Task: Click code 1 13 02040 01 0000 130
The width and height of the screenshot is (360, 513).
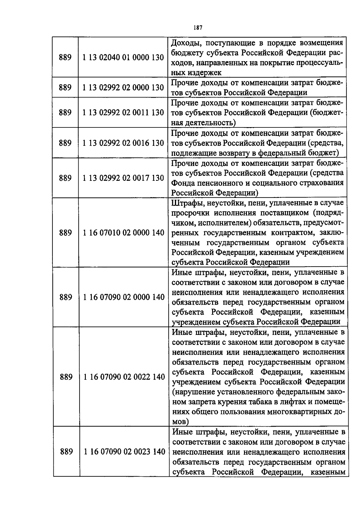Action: [123, 57]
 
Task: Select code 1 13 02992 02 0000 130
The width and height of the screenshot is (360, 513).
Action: [123, 88]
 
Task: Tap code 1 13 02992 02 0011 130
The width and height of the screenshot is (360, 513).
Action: [123, 113]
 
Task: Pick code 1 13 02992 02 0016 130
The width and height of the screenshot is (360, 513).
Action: [123, 143]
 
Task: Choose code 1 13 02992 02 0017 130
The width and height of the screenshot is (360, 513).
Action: [123, 178]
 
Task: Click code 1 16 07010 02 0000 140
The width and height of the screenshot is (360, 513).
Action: [124, 233]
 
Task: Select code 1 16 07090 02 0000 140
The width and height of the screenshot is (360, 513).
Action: [124, 297]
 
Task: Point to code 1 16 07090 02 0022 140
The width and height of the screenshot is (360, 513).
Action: [124, 377]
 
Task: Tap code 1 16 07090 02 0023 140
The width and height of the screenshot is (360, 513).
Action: [124, 452]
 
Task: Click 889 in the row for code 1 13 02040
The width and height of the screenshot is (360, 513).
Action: [65, 57]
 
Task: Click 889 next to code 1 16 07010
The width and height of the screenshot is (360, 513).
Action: [66, 233]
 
